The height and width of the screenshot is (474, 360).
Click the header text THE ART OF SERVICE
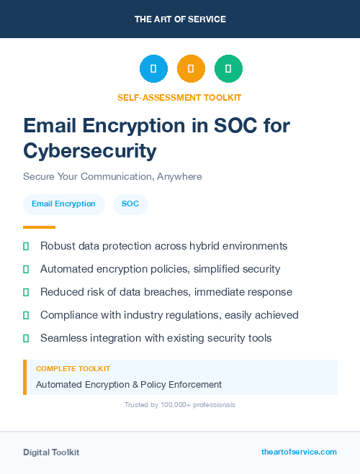pos(180,19)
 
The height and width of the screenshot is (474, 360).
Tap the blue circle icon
pos(153,69)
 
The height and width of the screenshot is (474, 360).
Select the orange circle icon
pos(191,69)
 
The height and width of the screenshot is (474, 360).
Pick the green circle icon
pos(228,69)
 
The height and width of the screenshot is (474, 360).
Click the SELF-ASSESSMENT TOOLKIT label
pos(179,97)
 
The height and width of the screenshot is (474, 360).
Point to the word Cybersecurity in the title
pos(89,151)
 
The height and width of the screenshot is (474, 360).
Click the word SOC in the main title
pos(216,126)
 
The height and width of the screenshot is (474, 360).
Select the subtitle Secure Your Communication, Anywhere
pos(112,176)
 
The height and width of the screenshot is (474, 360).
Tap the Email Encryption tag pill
pos(63,204)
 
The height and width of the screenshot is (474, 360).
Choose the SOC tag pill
pos(130,204)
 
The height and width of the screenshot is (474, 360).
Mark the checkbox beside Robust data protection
pos(26,246)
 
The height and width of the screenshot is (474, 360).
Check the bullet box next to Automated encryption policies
pos(26,269)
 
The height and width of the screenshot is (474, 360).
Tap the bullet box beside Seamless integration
pos(26,338)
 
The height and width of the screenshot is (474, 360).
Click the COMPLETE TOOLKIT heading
pos(73,368)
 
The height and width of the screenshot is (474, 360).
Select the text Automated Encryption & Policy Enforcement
pos(129,384)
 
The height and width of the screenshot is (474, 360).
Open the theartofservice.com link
pos(299,452)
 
